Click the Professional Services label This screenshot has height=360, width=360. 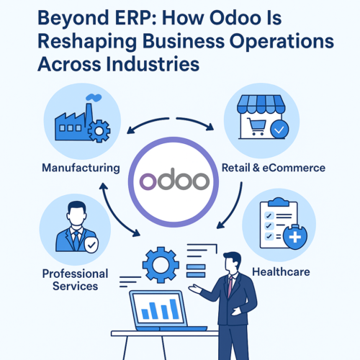point(75,279)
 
